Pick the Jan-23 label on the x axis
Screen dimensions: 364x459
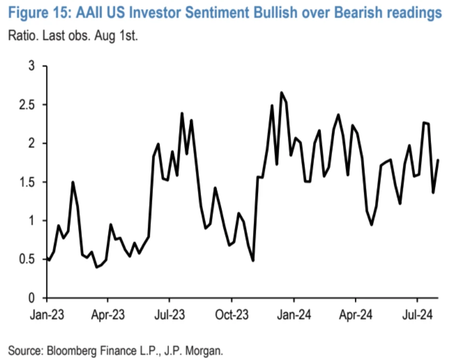47,314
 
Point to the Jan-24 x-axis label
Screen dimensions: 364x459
294,314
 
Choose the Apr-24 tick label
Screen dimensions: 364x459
355,314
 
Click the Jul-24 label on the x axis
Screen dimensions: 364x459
418,314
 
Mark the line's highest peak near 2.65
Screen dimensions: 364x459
281,93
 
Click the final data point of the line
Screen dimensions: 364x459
439,160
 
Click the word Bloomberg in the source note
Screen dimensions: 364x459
67,351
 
